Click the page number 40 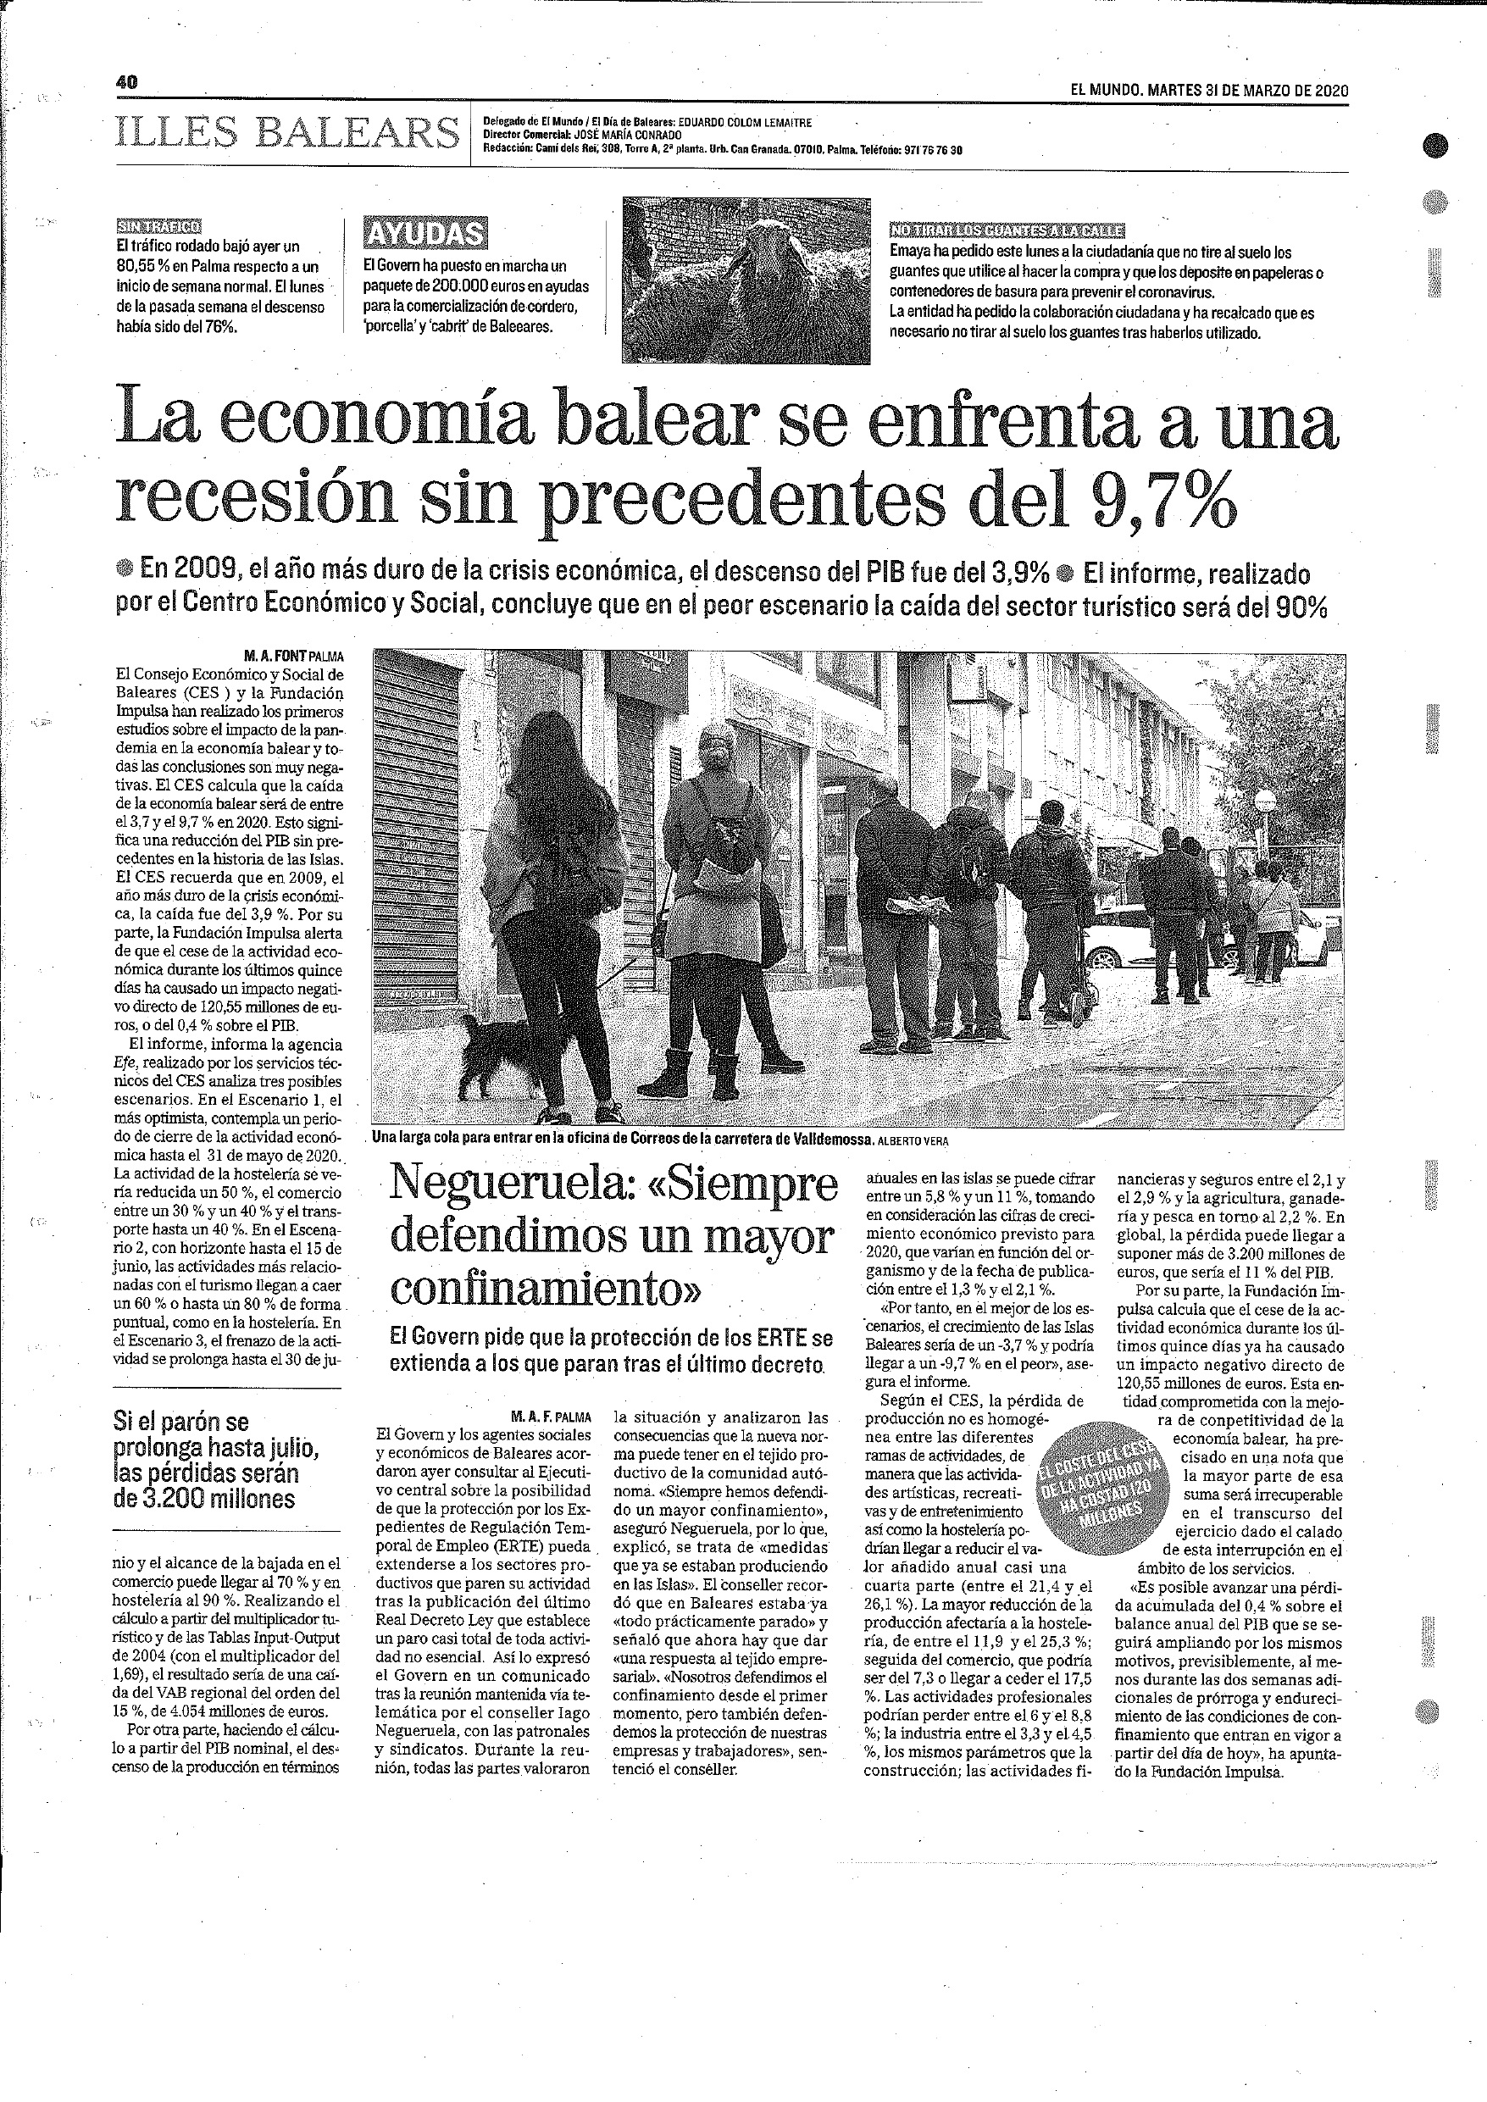pyautogui.click(x=126, y=82)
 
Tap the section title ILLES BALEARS pyautogui.click(x=287, y=134)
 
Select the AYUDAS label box pyautogui.click(x=424, y=235)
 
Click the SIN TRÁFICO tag pyautogui.click(x=159, y=226)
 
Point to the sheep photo pyautogui.click(x=746, y=280)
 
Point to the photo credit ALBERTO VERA pyautogui.click(x=913, y=1140)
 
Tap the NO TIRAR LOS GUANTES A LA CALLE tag pyautogui.click(x=1007, y=230)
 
